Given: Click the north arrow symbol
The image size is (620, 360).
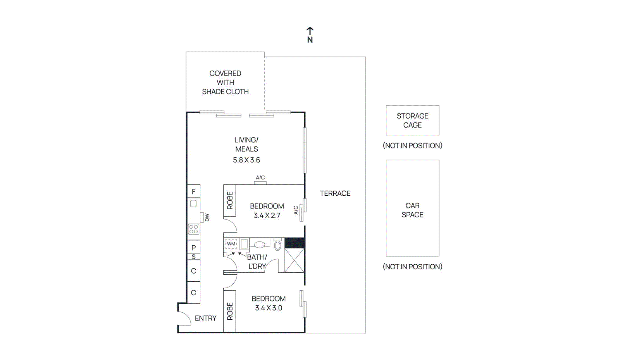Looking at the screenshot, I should click(x=310, y=31).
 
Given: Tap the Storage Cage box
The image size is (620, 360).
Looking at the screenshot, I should click(x=412, y=120).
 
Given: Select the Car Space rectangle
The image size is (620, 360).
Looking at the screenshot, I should click(x=412, y=208).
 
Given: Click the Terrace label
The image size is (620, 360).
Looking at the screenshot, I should click(x=335, y=193).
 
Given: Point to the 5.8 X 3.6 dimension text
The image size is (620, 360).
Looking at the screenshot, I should click(x=246, y=160).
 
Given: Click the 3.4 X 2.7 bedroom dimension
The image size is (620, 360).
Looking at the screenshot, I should click(x=267, y=215).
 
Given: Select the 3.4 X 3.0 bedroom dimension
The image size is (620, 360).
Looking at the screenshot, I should click(x=269, y=308).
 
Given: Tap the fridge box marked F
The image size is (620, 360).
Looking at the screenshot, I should click(x=193, y=191).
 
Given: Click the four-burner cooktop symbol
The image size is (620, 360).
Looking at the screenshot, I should click(x=193, y=229).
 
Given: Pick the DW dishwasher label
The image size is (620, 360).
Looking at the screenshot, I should click(x=207, y=217).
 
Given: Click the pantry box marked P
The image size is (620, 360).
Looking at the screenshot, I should click(x=193, y=247).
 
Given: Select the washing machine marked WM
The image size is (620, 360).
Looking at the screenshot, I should click(x=231, y=244).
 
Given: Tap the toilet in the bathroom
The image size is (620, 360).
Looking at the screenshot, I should click(x=277, y=245).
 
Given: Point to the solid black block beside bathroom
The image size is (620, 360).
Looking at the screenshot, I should click(x=294, y=243).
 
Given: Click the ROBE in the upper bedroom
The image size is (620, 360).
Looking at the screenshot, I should click(x=230, y=200).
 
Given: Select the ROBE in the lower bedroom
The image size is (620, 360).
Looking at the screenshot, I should click(x=230, y=311).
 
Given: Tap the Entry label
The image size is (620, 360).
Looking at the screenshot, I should click(x=205, y=318).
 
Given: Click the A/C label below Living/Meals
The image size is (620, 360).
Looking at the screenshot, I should click(x=260, y=178).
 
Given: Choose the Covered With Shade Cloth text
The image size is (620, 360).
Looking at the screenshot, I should click(x=225, y=83).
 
